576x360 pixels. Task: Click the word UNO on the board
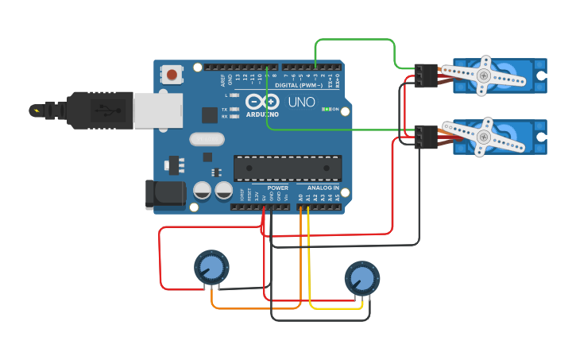pos(301,103)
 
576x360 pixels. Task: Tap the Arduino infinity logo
pos(262,102)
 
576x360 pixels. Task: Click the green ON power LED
pos(325,109)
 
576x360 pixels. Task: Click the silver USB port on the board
pos(157,110)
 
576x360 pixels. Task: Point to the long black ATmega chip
pos(287,168)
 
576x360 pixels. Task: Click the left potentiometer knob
pos(211,266)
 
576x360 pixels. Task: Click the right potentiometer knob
pos(361,278)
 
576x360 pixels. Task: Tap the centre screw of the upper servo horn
pos(483,75)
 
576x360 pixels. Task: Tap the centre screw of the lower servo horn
pos(484,136)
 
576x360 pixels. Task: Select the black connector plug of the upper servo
pos(427,75)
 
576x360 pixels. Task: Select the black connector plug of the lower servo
pos(427,136)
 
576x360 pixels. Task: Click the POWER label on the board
pos(266,188)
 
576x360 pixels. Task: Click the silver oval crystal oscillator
pos(207,139)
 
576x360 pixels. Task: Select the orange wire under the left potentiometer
pos(254,308)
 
